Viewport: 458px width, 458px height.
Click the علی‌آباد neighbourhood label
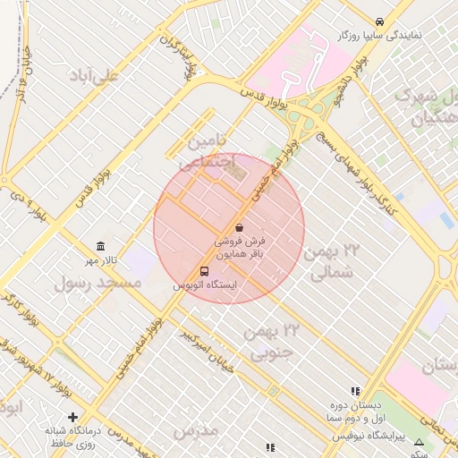96,77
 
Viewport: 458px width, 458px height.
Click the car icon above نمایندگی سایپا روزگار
380,21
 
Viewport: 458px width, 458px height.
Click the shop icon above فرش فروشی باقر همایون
238,228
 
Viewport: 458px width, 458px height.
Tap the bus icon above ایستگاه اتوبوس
205,272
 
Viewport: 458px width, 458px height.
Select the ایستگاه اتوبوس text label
205,286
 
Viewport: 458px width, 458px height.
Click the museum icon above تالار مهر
100,247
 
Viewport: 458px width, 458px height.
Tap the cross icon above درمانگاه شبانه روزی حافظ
73,417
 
